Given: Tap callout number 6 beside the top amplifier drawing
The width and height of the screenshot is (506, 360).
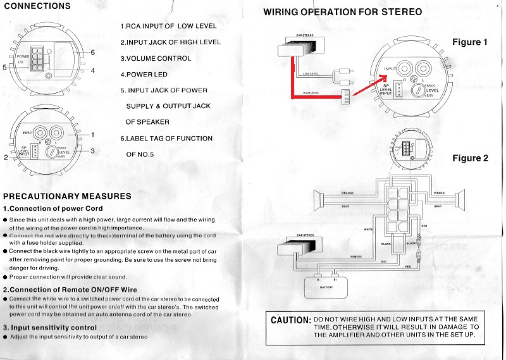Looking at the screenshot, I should [92, 52].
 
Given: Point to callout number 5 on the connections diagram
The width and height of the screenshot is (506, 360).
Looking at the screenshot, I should [5, 66].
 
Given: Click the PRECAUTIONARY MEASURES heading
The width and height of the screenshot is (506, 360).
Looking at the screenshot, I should [67, 196].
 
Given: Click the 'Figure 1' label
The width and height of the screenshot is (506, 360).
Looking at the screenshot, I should [471, 42].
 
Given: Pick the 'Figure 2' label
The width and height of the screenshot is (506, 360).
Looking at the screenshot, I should [471, 158].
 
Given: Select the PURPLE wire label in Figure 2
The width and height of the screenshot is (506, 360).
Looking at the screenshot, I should [439, 193].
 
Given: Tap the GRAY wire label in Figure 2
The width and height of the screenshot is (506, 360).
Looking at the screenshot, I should [438, 206].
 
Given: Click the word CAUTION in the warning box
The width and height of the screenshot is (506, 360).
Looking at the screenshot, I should [290, 321].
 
